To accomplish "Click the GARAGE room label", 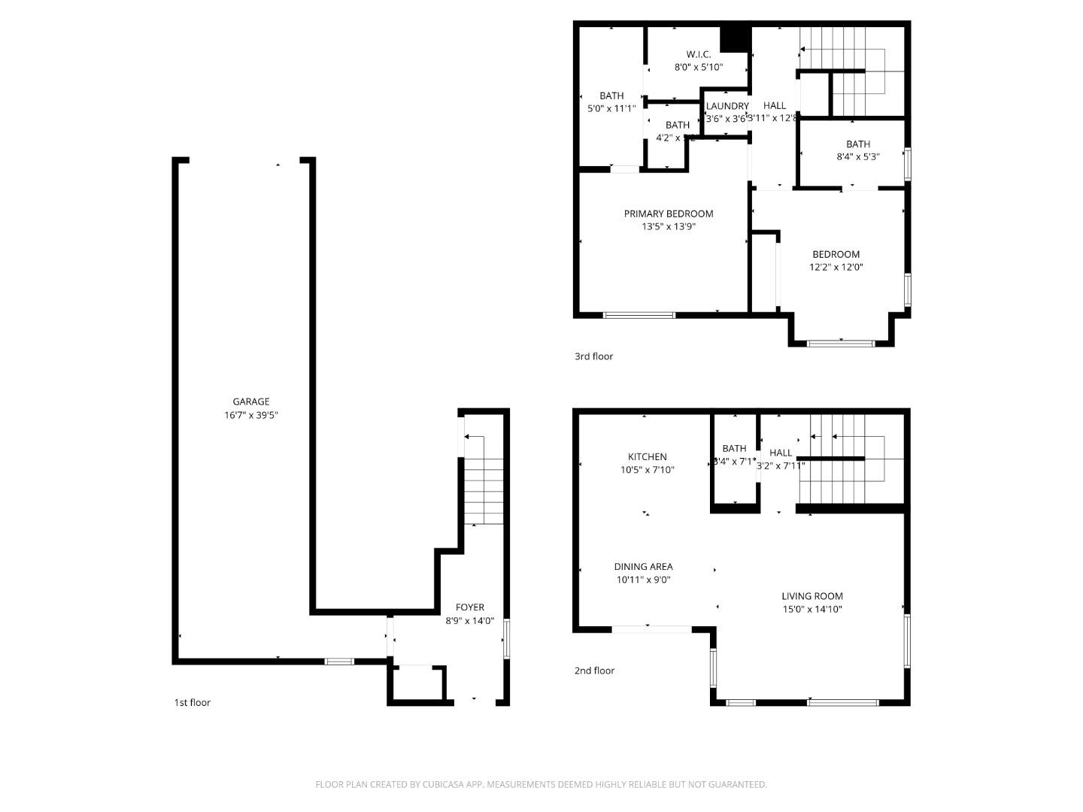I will (x=250, y=401).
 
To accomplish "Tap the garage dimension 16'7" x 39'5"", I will (x=250, y=415).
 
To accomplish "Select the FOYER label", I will (x=470, y=607).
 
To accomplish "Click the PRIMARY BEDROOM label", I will (x=669, y=214).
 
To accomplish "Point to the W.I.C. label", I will (x=698, y=54).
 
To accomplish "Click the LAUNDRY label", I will (x=727, y=106).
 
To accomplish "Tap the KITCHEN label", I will (x=647, y=456).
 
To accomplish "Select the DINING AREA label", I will (x=643, y=567).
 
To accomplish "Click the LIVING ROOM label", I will (x=811, y=596).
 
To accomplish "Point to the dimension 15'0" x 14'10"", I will (x=811, y=610).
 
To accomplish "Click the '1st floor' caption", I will (x=193, y=702).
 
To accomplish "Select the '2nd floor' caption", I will (x=594, y=671).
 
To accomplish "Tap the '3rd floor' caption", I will (x=593, y=356).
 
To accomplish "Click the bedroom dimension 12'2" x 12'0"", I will (x=836, y=267).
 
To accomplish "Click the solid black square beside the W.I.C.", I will (x=735, y=39).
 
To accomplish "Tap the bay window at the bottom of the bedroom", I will (x=841, y=343).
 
